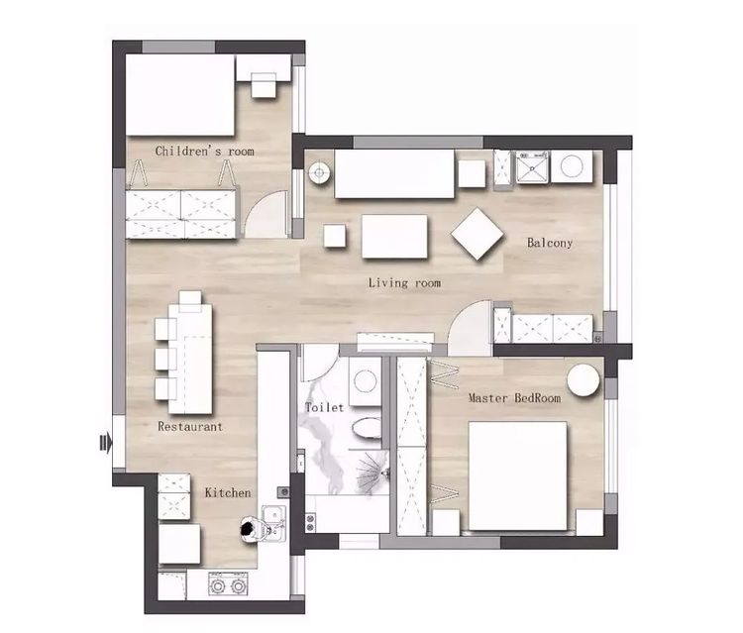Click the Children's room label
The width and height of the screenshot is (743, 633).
(204, 152)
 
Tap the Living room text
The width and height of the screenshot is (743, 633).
(404, 283)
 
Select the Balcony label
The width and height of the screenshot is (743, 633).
(550, 243)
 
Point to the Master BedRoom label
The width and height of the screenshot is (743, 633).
(514, 397)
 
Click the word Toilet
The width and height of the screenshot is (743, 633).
(325, 407)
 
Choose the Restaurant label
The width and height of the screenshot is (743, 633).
(190, 426)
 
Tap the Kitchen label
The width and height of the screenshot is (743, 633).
(228, 492)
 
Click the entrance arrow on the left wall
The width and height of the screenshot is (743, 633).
(106, 444)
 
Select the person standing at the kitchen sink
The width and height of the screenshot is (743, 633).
(248, 529)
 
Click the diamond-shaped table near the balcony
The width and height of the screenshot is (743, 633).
(478, 234)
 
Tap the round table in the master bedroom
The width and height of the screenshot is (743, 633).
(584, 380)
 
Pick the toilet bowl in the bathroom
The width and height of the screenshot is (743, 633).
(367, 428)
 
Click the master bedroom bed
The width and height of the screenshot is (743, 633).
(517, 475)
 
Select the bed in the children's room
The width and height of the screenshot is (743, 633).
(180, 95)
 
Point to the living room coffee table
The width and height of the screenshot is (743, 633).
(394, 237)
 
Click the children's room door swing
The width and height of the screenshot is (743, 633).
(265, 213)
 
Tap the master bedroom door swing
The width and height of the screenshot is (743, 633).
(470, 327)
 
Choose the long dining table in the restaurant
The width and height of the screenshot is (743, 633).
(190, 359)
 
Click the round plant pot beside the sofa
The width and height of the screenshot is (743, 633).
(319, 173)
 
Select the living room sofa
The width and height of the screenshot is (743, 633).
(394, 174)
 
